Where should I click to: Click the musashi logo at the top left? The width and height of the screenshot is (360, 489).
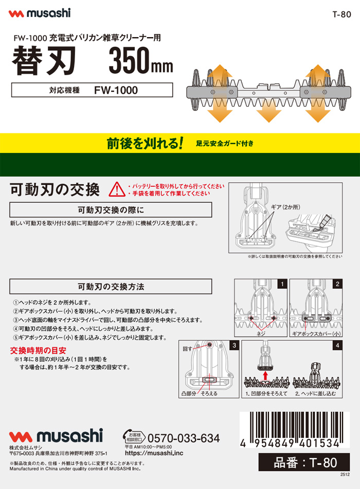pyautogui.click(x=40, y=13)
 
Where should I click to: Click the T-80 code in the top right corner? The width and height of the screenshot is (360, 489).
pyautogui.click(x=341, y=14)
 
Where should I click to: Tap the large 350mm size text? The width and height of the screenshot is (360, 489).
pyautogui.click(x=141, y=61)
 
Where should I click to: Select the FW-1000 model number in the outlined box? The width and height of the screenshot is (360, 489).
pyautogui.click(x=116, y=90)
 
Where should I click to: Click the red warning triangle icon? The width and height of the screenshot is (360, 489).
pyautogui.click(x=117, y=189)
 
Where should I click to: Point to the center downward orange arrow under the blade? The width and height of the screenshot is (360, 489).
pyautogui.click(x=268, y=111)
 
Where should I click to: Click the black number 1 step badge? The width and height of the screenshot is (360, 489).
pyautogui.click(x=282, y=284)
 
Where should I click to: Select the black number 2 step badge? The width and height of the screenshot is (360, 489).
pyautogui.click(x=337, y=284)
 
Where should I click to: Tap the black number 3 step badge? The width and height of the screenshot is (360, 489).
pyautogui.click(x=235, y=345)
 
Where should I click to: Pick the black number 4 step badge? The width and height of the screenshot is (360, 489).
pyautogui.click(x=337, y=345)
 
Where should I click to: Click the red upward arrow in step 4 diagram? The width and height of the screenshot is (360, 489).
pyautogui.click(x=265, y=375)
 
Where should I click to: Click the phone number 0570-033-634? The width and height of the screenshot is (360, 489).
pyautogui.click(x=184, y=438)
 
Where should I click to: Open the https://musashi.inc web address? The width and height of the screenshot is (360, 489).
pyautogui.click(x=154, y=453)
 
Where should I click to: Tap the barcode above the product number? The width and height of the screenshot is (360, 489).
pyautogui.click(x=295, y=430)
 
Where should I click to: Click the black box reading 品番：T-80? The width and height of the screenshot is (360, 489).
pyautogui.click(x=304, y=462)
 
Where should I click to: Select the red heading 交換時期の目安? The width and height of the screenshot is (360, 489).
pyautogui.click(x=38, y=351)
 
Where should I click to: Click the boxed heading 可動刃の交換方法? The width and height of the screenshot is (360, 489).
pyautogui.click(x=111, y=287)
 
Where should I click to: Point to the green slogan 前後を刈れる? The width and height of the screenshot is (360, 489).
pyautogui.click(x=145, y=143)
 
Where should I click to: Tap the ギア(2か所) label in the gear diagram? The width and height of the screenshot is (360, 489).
pyautogui.click(x=285, y=207)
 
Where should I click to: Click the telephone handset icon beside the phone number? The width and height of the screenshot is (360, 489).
pyautogui.click(x=127, y=434)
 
